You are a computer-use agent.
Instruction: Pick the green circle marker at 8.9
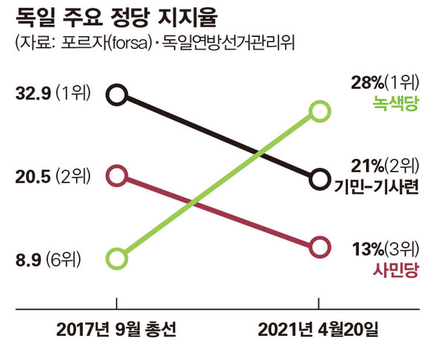(117, 259)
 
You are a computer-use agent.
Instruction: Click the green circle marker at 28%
(320, 112)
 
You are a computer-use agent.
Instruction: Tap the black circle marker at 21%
(320, 179)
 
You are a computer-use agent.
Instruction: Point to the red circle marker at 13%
(320, 247)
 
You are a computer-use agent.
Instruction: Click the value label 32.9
(31, 94)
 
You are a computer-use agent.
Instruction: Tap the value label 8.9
(27, 259)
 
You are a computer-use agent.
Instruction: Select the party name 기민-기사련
(377, 186)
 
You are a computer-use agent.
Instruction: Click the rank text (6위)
(64, 259)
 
